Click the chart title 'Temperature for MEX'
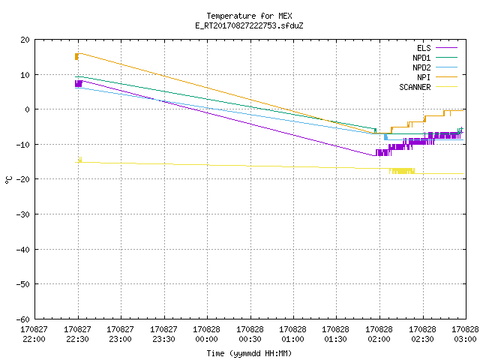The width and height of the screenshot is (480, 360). pyautogui.click(x=249, y=16)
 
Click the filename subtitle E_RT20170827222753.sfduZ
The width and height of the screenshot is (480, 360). pyautogui.click(x=249, y=25)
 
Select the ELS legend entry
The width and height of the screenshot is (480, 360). pyautogui.click(x=437, y=48)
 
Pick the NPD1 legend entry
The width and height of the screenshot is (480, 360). pyautogui.click(x=435, y=58)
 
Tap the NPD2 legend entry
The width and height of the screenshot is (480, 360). pyautogui.click(x=435, y=67)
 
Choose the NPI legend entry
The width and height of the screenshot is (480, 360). pyautogui.click(x=437, y=77)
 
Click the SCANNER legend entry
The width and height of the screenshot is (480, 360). pyautogui.click(x=428, y=87)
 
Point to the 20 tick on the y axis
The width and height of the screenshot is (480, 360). pyautogui.click(x=25, y=40)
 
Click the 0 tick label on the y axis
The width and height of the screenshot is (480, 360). pyautogui.click(x=28, y=109)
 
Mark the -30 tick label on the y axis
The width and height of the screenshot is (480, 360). pyautogui.click(x=23, y=214)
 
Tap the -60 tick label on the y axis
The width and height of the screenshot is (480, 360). pyautogui.click(x=23, y=319)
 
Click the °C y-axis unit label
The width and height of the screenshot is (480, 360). pyautogui.click(x=8, y=180)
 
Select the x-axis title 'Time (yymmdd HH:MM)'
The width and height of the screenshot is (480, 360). pyautogui.click(x=249, y=353)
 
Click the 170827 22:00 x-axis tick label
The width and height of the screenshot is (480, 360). pyautogui.click(x=34, y=334)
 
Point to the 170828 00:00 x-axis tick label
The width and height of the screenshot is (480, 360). pyautogui.click(x=207, y=334)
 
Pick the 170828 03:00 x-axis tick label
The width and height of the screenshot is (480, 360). pyautogui.click(x=465, y=334)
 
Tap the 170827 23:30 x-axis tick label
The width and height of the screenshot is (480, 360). pyautogui.click(x=163, y=334)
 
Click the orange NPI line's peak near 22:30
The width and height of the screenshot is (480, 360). pyautogui.click(x=80, y=53)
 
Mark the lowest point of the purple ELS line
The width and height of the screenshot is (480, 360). pyautogui.click(x=374, y=155)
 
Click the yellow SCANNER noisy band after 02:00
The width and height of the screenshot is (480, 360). pyautogui.click(x=402, y=171)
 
